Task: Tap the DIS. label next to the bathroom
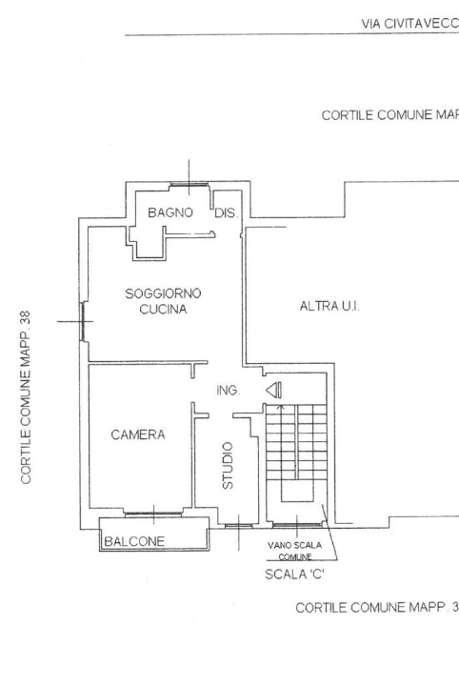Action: [x=224, y=212]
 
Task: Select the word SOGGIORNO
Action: [x=165, y=293]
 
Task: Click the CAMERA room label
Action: [x=138, y=434]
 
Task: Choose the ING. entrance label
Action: [x=229, y=391]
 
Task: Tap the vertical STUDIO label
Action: [x=228, y=465]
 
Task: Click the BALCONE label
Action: [x=134, y=541]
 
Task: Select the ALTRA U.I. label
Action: [x=329, y=307]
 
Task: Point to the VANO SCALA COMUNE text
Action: [x=294, y=550]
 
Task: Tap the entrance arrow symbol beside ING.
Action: [x=273, y=389]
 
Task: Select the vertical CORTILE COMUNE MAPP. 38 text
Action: [x=27, y=395]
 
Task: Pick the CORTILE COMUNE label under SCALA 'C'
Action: [x=377, y=607]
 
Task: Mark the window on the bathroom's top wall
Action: [x=187, y=186]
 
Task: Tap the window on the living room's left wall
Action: [x=83, y=320]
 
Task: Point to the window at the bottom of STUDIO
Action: [x=237, y=525]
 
